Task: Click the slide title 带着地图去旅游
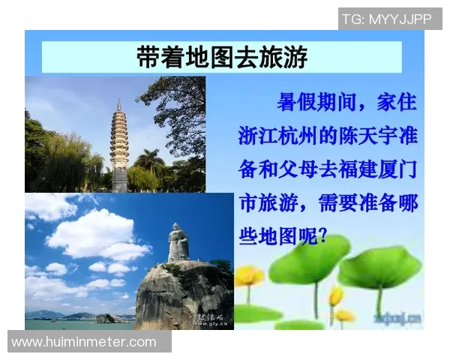coord(222,58)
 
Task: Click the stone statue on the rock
coord(178,242)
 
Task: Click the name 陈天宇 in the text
coord(358,136)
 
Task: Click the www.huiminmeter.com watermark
coord(84,342)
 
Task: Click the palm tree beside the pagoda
coord(149,161)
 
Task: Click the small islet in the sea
coord(105,318)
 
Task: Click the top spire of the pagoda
coord(118,103)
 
